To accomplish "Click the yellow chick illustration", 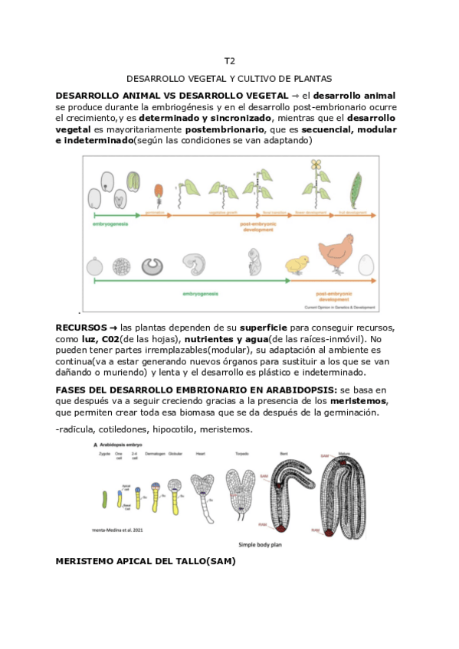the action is [296, 265].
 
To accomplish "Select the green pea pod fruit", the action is [353, 187].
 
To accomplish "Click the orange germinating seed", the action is [159, 192].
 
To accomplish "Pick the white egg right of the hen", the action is [366, 264].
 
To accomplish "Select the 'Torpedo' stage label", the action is [242, 454].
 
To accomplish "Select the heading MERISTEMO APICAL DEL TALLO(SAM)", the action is [146, 561].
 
